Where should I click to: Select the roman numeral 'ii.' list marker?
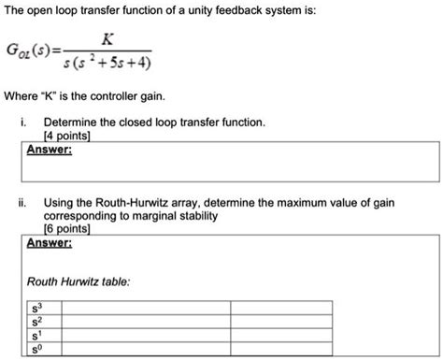(22, 202)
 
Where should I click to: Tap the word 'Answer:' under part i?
(50, 148)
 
